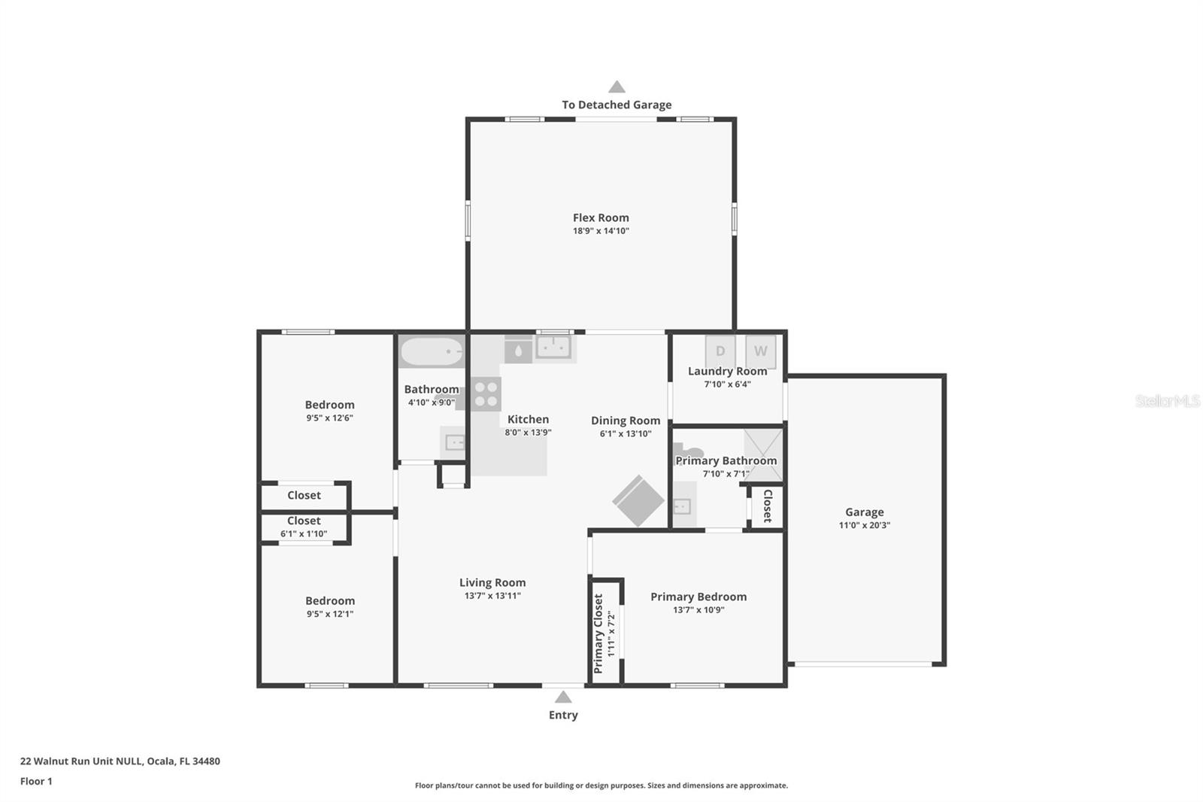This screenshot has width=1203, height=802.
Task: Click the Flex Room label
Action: tap(601, 218)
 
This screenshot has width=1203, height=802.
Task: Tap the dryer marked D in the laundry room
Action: tap(720, 351)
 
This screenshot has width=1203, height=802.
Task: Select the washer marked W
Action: tap(760, 351)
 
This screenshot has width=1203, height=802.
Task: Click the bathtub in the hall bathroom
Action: tap(432, 351)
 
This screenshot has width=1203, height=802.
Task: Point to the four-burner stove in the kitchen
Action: tap(486, 393)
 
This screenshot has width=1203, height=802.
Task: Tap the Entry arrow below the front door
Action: tap(563, 697)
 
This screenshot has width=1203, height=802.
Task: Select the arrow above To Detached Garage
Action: tap(617, 87)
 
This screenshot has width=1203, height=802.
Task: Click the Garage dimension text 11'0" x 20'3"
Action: tap(864, 525)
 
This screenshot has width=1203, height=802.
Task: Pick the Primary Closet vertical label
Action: tap(598, 633)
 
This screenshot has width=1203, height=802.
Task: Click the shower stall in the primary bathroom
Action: tap(763, 454)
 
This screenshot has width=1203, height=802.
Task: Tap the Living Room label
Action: tap(492, 582)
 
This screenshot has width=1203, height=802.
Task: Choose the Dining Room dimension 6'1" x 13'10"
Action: tap(626, 433)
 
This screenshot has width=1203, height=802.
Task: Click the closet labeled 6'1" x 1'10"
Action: tap(304, 527)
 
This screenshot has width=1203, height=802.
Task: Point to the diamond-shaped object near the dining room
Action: tap(638, 500)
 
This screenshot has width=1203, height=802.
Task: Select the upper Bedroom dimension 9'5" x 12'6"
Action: tap(329, 418)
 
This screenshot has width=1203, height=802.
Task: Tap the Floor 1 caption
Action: tap(36, 781)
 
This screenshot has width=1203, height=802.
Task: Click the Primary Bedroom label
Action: tap(698, 597)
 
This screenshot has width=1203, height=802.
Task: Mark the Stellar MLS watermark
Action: tap(1167, 401)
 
